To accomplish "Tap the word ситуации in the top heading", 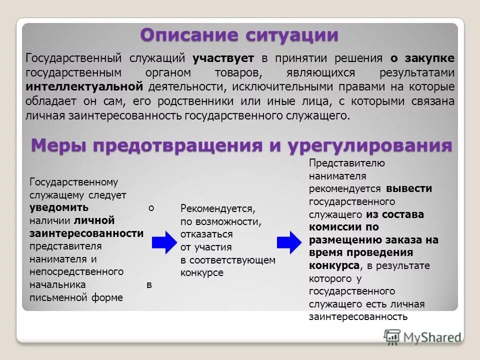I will [292, 35].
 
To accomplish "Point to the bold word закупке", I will [430, 58].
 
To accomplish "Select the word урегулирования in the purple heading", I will [369, 146].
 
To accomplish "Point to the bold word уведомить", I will [58, 207].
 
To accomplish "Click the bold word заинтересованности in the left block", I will [86, 233].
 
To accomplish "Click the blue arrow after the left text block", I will [163, 242].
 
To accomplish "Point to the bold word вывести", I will [408, 189].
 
